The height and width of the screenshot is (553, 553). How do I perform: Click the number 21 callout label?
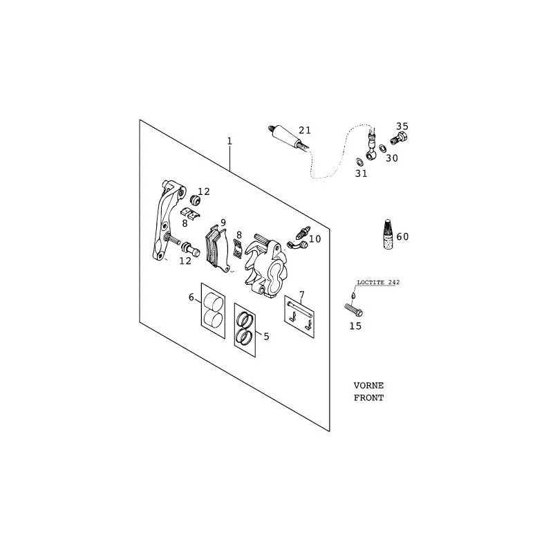coord(305,131)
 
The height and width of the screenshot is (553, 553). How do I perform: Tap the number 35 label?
coord(402,126)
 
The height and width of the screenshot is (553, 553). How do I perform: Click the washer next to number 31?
coord(359,162)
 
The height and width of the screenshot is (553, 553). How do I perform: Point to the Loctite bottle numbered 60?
coord(388,234)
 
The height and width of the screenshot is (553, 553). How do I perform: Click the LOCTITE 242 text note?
coord(378,283)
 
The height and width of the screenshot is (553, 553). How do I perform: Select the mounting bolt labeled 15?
coord(353,310)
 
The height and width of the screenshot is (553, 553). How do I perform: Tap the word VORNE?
coord(368,386)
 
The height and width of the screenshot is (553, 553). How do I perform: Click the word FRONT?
coord(368,398)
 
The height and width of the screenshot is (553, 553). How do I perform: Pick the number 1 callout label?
coord(229,142)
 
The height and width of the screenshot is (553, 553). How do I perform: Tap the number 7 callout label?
coord(301,294)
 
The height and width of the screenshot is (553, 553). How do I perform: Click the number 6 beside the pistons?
coord(191,297)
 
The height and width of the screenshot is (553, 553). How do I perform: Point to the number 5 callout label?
coord(266,337)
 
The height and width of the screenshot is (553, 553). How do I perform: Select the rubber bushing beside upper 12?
coord(195,200)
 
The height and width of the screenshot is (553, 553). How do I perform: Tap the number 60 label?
coord(402,236)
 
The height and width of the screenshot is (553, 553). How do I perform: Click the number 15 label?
coord(355,326)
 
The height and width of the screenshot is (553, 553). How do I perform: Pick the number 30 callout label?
coord(391,158)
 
